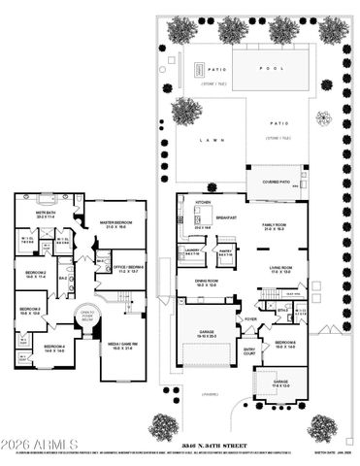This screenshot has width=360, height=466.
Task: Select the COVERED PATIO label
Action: [269, 181]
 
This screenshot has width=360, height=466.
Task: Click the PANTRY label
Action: [224, 250]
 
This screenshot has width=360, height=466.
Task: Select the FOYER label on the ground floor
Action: [250, 317]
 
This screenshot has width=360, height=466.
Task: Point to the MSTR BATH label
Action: [45, 213]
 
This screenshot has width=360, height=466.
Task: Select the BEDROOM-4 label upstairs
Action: [54, 348]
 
